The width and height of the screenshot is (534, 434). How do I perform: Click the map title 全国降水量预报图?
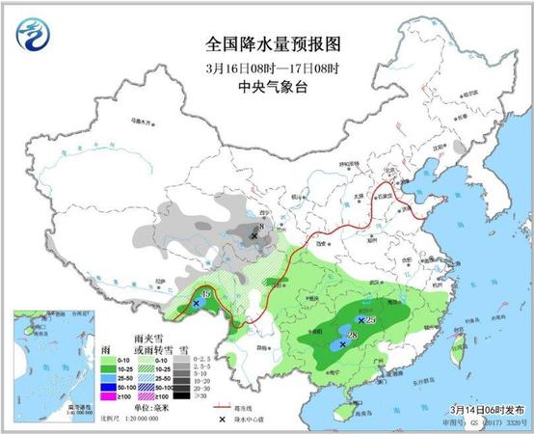[274, 45]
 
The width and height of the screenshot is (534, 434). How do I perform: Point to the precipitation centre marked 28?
[344, 343]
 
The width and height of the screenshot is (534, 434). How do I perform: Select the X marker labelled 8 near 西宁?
[254, 234]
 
